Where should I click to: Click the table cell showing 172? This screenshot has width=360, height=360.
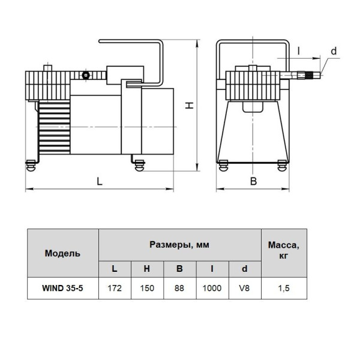(x=115, y=288)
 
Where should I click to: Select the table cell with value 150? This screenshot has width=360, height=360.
(x=147, y=288)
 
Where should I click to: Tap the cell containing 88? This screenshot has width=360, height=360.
(x=179, y=288)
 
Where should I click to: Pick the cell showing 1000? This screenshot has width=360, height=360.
(x=212, y=288)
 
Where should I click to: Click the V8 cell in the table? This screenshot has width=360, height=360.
(x=245, y=288)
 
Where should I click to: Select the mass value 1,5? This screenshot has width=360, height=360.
(x=284, y=288)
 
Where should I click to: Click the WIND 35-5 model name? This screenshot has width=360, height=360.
(x=62, y=288)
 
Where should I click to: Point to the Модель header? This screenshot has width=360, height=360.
(x=62, y=253)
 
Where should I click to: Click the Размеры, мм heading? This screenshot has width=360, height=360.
(x=179, y=245)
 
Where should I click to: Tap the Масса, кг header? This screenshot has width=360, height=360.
(x=284, y=250)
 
